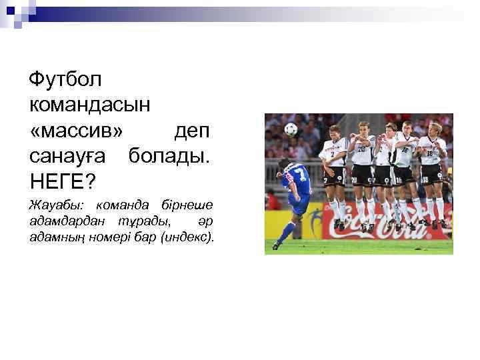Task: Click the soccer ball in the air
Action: (x=290, y=129)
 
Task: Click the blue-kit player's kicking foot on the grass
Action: (x=276, y=246)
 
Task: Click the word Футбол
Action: (x=65, y=80)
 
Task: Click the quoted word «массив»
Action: (x=77, y=129)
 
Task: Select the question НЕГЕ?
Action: (x=63, y=179)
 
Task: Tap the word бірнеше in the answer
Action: (x=187, y=204)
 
